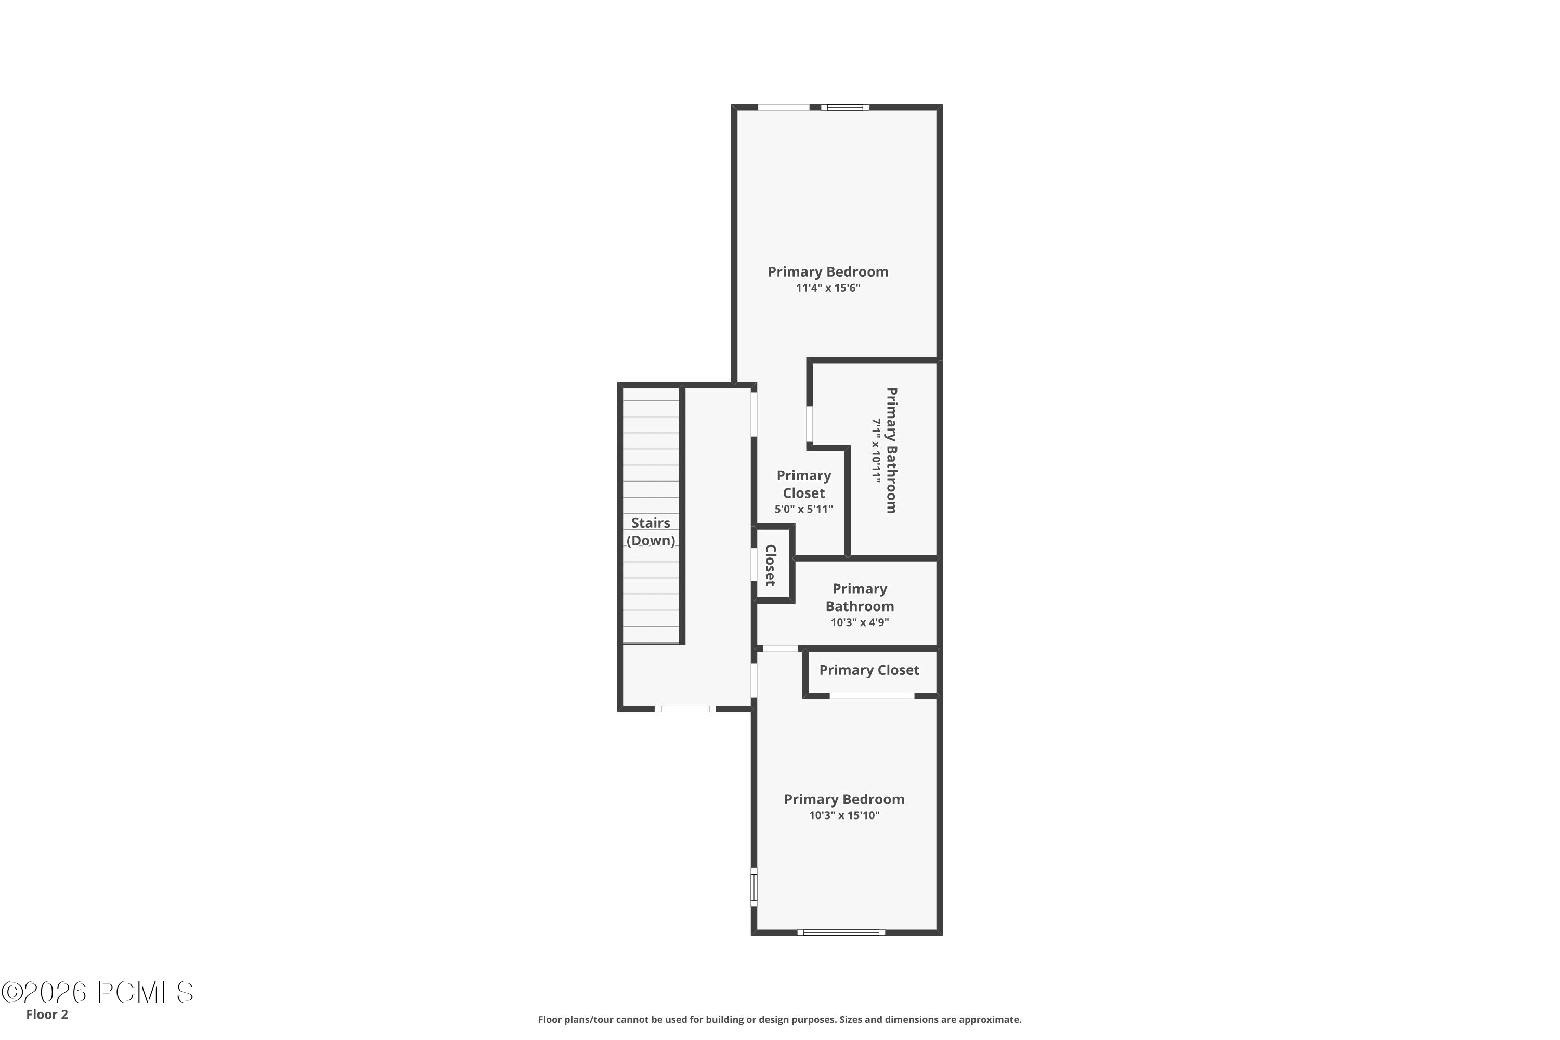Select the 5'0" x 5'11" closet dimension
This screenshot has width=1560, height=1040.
803,509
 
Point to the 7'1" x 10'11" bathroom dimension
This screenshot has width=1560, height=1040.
876,450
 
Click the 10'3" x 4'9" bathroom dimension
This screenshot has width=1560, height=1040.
860,622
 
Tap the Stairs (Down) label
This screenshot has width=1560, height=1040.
651,531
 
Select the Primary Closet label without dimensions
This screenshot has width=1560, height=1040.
869,670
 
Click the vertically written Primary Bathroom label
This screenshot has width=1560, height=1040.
892,450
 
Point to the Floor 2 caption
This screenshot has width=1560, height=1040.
47,1014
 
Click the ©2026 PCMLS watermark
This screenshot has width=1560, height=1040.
98,992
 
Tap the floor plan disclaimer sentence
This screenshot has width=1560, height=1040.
779,1019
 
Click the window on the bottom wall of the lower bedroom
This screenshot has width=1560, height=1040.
841,932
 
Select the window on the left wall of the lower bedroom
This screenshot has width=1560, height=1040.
753,887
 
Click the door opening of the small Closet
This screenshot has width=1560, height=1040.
754,564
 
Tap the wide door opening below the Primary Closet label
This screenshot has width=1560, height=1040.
872,696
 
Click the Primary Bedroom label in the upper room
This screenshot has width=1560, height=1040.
828,271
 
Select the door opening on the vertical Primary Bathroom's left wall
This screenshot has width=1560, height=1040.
809,424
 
